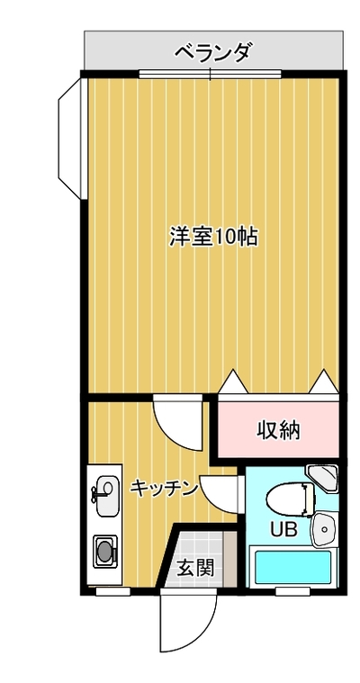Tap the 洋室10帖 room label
(x=213, y=238)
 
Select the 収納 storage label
(x=278, y=431)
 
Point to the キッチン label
(x=165, y=489)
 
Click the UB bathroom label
(x=283, y=530)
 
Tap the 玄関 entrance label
(x=195, y=568)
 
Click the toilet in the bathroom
(x=291, y=498)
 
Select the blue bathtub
(x=292, y=567)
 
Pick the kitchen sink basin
(x=107, y=496)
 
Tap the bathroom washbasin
(x=324, y=529)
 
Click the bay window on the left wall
(x=69, y=138)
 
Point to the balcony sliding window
(x=210, y=74)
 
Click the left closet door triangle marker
(x=233, y=382)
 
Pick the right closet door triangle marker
(x=324, y=382)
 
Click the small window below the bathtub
(x=292, y=590)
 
